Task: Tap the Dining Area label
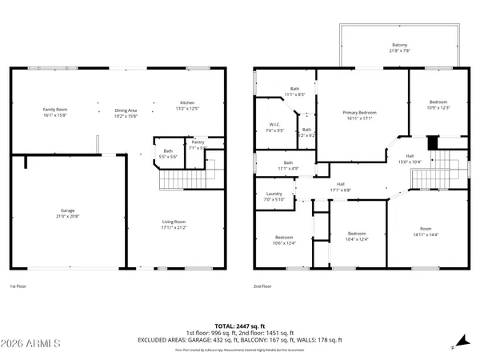coord(126,110)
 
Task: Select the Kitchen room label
coord(188,103)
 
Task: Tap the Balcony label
coord(399,45)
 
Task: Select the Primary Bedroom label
coord(360,113)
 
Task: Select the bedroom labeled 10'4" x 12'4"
coord(356,234)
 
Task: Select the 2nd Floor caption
coord(263,286)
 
